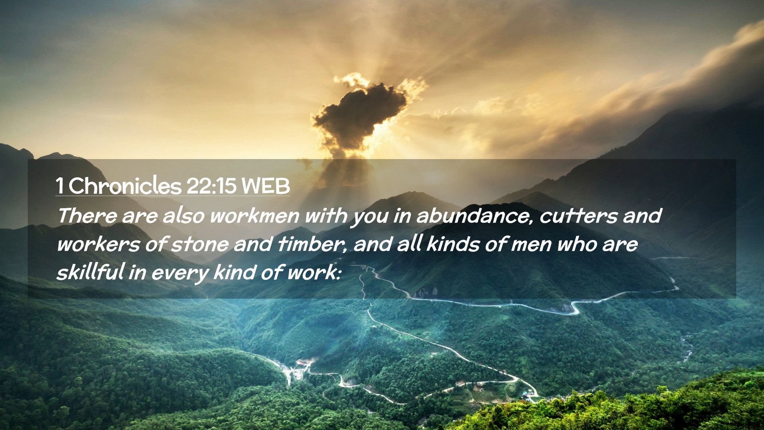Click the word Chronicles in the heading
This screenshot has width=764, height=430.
coord(125,186)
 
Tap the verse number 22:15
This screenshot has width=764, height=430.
coord(211,186)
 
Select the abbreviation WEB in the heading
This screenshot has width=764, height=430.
coord(265,186)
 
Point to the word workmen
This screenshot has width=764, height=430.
coord(255,216)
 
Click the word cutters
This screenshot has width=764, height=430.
coord(579,216)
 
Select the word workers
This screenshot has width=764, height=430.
coord(98,244)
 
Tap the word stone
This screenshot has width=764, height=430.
coord(200,244)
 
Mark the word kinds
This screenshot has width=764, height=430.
coord(453,244)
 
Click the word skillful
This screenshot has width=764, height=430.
coord(91,272)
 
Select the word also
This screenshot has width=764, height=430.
coord(183,216)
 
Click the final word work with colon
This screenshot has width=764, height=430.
coord(314,272)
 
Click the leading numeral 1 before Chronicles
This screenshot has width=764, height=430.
coord(60,186)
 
